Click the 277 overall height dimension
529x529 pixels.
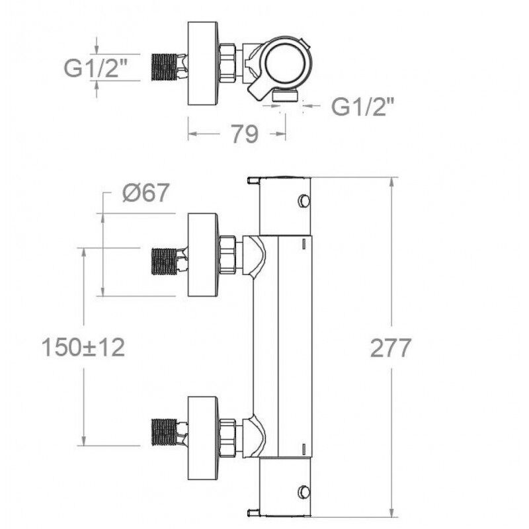[x=390, y=348]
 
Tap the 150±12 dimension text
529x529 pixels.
[x=83, y=348]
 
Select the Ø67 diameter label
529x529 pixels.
[x=145, y=193]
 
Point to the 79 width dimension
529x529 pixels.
[x=244, y=134]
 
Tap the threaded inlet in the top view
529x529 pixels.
[x=165, y=67]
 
